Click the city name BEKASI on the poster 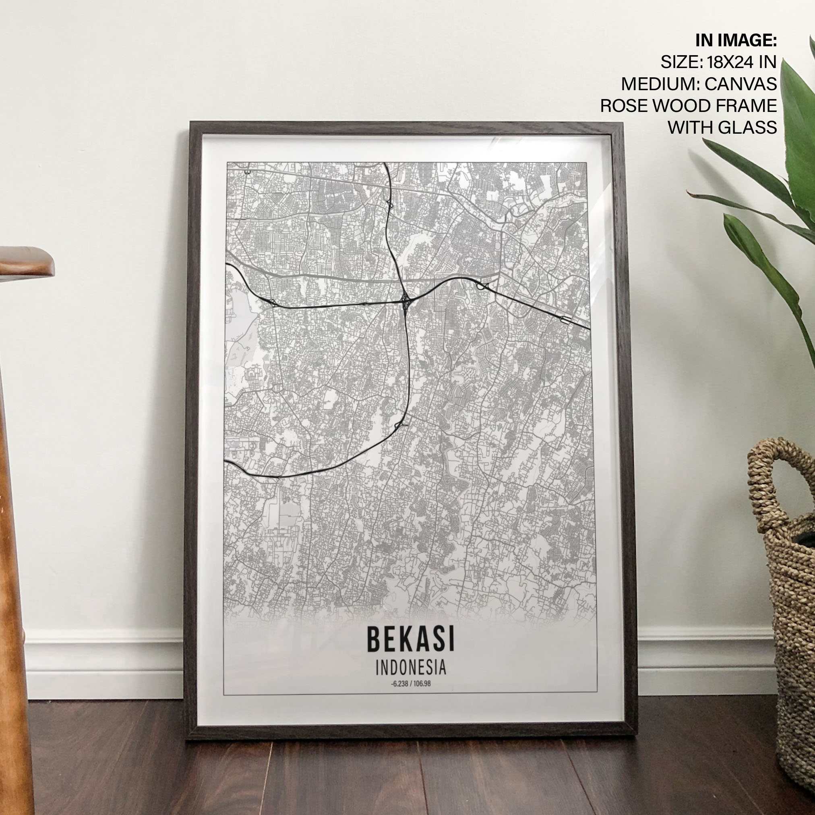click(410, 639)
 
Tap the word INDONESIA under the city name click(410, 668)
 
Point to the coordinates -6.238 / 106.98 click(410, 684)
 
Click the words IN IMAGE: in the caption click(736, 41)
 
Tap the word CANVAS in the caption click(741, 83)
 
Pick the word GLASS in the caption click(749, 127)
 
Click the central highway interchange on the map click(405, 301)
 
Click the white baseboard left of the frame click(105, 662)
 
